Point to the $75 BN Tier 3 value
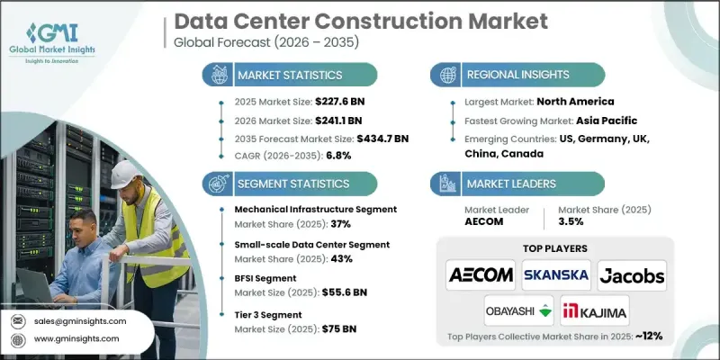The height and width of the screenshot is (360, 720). (x=341, y=329)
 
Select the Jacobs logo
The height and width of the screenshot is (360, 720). (x=630, y=273)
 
